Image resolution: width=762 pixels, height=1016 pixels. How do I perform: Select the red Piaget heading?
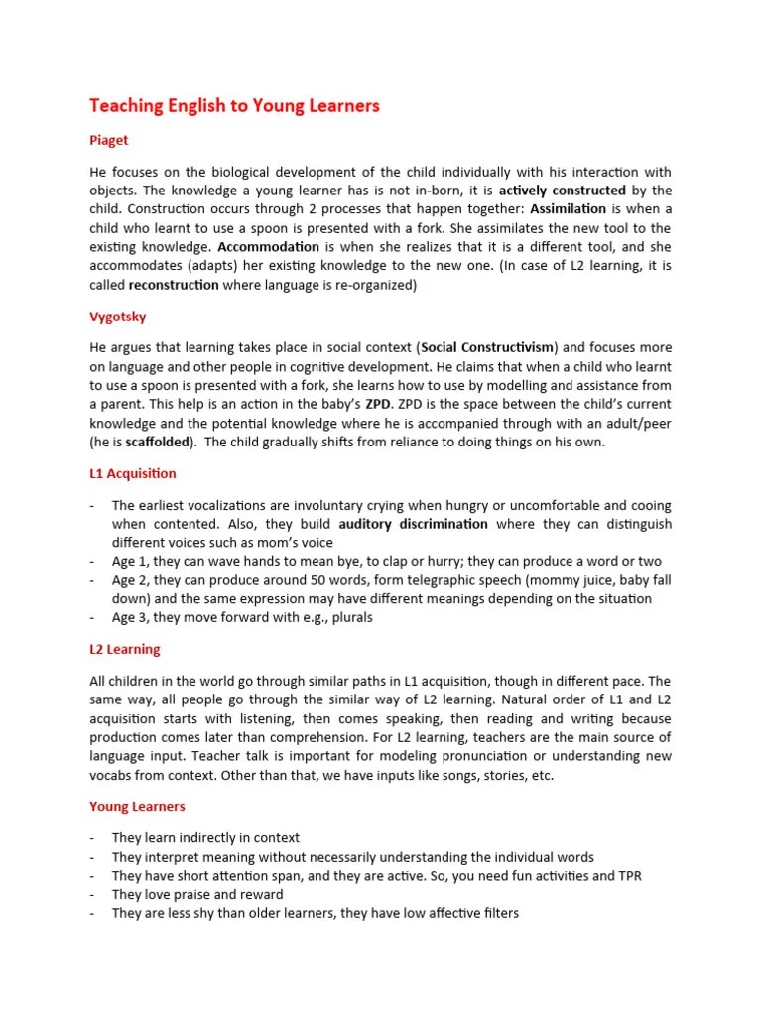pyautogui.click(x=109, y=141)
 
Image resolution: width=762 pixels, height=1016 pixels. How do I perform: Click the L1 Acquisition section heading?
pyautogui.click(x=133, y=473)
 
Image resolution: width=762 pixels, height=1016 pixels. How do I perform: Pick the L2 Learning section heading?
pyautogui.click(x=124, y=649)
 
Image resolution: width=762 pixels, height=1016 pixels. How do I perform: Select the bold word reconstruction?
pyautogui.click(x=174, y=284)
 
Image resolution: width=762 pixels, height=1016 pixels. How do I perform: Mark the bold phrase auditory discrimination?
pyautogui.click(x=413, y=523)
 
